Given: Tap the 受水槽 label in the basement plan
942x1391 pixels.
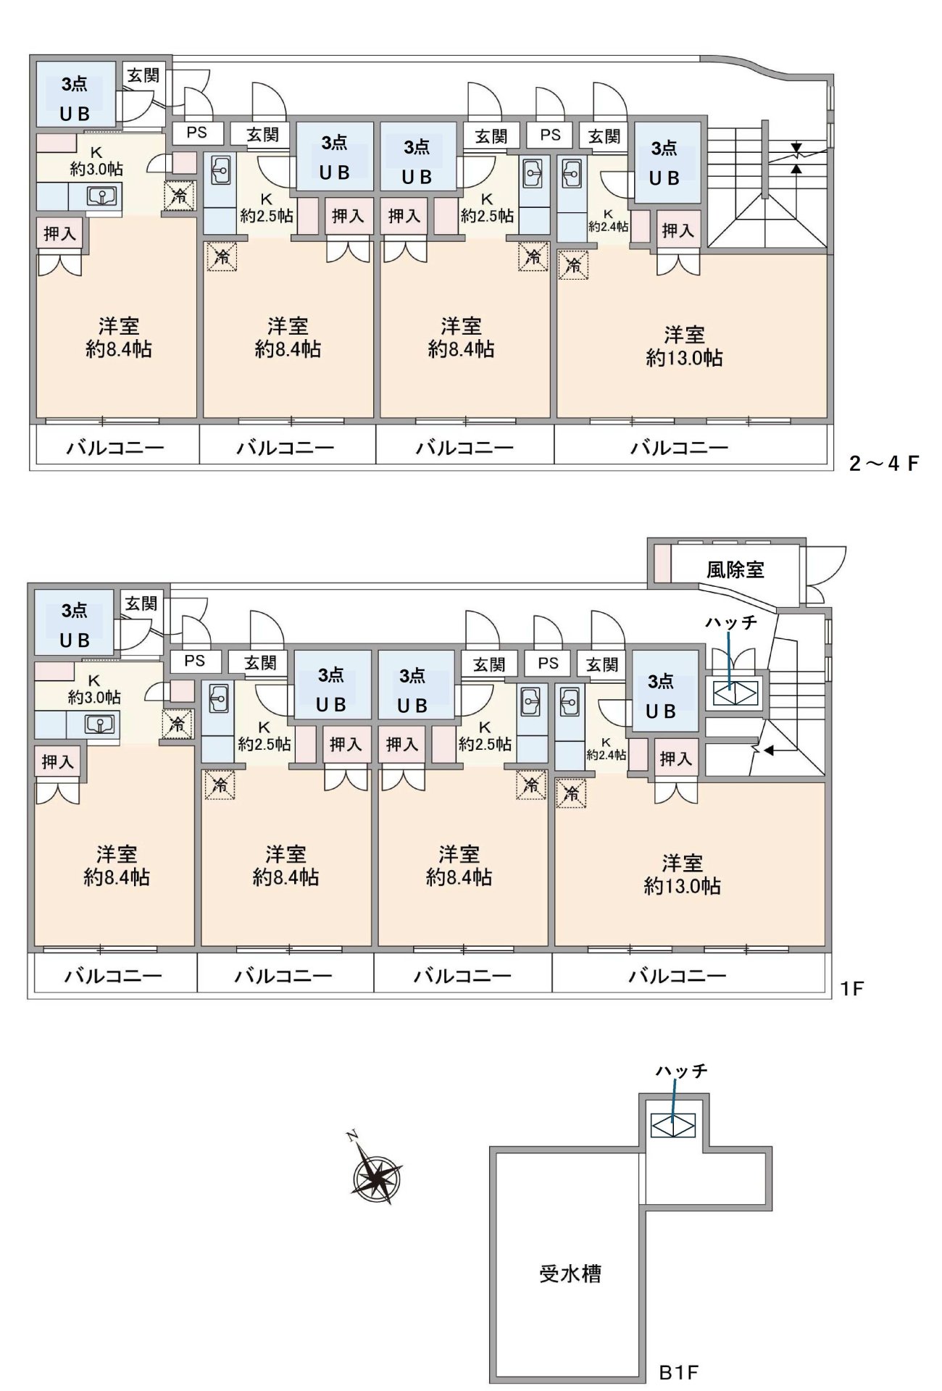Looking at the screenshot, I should tap(570, 1274).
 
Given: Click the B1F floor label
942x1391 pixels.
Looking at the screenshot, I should tap(678, 1372).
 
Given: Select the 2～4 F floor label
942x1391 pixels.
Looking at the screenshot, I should tap(883, 464).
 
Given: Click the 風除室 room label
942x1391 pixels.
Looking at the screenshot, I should tap(735, 569).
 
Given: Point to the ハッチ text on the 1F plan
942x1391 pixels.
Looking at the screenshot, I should tap(730, 622).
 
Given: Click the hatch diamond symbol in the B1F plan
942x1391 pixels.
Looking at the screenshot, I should tap(673, 1125).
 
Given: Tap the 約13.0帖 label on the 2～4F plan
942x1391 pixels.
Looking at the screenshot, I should tap(684, 358).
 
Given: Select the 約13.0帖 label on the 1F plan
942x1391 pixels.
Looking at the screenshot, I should tap(682, 886).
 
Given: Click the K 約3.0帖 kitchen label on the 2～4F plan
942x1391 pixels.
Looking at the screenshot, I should tap(96, 162).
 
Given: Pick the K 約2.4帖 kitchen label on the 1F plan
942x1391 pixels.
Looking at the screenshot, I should tap(606, 749).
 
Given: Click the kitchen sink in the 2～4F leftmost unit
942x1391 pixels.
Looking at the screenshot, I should tap(102, 196).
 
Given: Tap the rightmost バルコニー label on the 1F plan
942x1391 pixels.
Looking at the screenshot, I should tap(677, 976).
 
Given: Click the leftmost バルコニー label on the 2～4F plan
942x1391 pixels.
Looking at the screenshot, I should tap(115, 448).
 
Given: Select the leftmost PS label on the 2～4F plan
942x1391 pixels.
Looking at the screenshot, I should tap(196, 133).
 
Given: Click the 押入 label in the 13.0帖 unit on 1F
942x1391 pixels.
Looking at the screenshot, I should tap(675, 759).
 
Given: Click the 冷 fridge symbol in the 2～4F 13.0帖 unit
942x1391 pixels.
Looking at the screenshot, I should tap(574, 266).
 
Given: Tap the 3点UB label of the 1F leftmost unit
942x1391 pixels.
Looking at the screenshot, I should tap(75, 625).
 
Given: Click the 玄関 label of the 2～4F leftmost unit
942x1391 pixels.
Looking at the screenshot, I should tap(143, 75).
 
